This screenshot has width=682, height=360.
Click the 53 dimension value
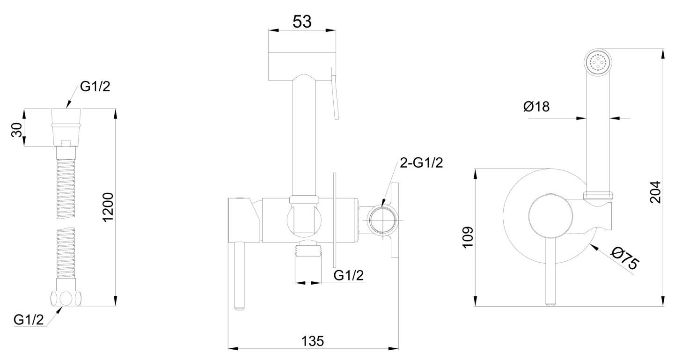pos(302,22)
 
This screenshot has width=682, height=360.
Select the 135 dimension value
pos(313,341)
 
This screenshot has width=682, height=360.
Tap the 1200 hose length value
pos(108,207)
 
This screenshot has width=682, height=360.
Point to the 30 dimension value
pos(17,130)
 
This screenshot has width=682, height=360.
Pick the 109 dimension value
pos(468,237)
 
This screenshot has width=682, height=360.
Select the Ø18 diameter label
pos(536,107)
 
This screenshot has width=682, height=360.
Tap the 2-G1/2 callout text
pos(421,163)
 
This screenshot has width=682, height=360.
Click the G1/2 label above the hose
pos(95,87)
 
